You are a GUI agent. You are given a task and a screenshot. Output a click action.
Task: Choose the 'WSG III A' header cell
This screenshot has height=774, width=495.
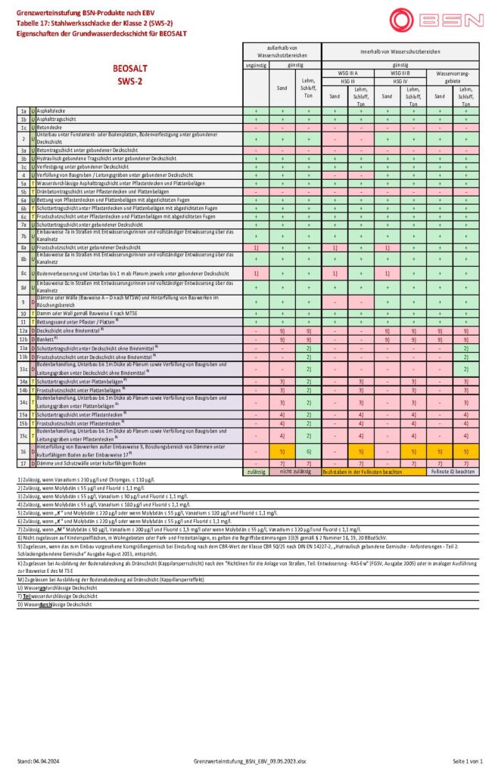[x=347, y=73]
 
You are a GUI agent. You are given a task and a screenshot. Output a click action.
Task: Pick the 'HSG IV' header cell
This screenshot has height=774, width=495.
[x=400, y=79]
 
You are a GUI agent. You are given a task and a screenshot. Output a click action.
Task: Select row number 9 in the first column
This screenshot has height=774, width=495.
[x=23, y=302]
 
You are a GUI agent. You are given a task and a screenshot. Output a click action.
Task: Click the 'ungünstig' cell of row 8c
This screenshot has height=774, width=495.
[x=257, y=273]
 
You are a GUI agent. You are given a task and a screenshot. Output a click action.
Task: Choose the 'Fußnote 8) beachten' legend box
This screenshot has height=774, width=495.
[x=453, y=471]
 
